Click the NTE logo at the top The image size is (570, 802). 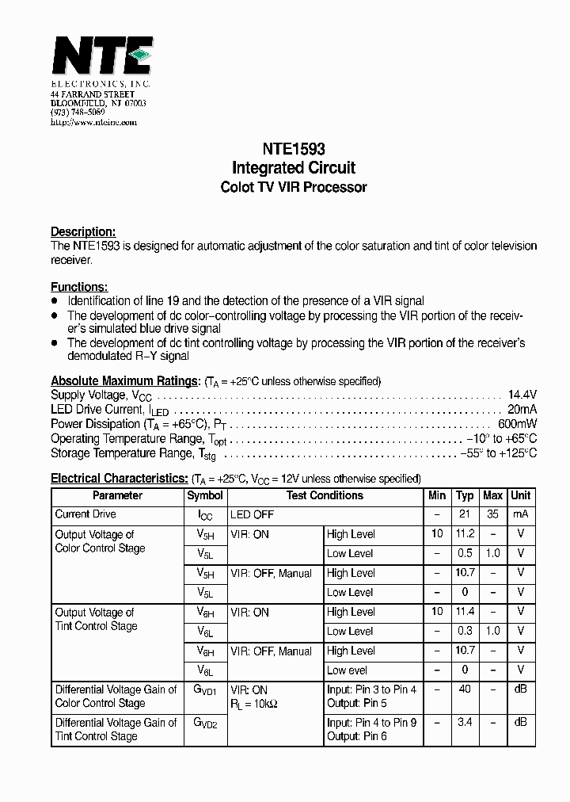(101, 57)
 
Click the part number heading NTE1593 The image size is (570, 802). (293, 148)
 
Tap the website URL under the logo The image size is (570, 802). (93, 123)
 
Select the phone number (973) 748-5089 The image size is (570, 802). (78, 113)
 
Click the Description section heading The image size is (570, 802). (83, 231)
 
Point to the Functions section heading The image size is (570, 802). (79, 287)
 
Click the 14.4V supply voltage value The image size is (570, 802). (522, 395)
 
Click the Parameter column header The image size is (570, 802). (117, 495)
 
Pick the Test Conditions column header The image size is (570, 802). (325, 495)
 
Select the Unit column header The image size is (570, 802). (520, 495)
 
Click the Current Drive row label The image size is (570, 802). (85, 514)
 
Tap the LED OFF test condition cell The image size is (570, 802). (252, 514)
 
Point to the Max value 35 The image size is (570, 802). (492, 514)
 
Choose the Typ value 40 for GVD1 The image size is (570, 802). (465, 689)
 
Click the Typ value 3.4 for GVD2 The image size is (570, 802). (465, 723)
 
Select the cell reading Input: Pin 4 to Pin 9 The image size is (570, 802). (371, 723)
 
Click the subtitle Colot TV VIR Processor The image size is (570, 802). (293, 188)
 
